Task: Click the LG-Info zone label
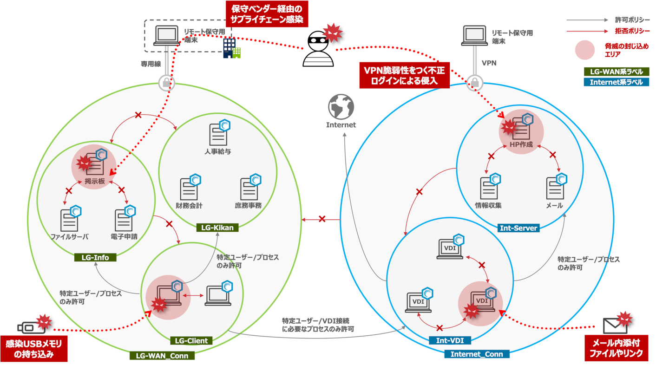[x=94, y=257]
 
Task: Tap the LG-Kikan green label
[x=217, y=228]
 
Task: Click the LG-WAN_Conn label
[x=162, y=356]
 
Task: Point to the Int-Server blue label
[x=518, y=228]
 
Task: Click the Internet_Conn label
[x=476, y=354]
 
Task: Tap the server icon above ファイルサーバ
[x=70, y=220]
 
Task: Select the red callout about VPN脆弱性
[x=404, y=75]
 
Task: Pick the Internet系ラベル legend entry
[x=616, y=82]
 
